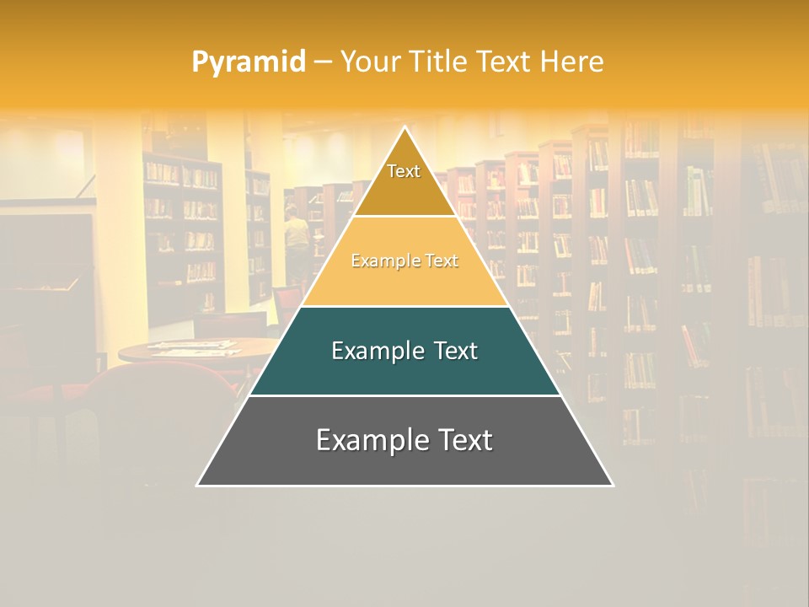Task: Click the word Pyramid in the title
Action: point(249,62)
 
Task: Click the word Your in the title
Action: point(368,62)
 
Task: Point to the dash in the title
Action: point(323,62)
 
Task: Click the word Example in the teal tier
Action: point(375,351)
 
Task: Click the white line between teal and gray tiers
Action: point(404,395)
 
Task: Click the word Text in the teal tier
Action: point(451,351)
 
